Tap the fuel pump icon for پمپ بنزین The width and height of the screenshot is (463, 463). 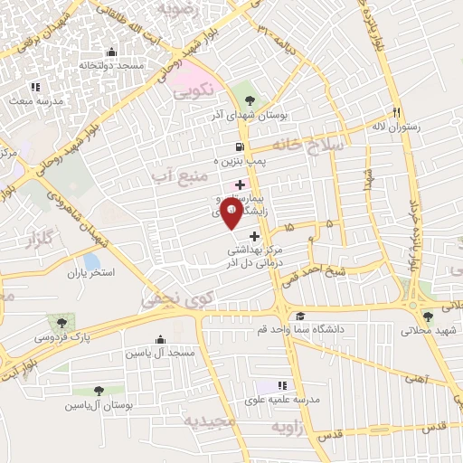click(239, 146)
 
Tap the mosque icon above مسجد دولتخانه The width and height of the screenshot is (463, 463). click(111, 52)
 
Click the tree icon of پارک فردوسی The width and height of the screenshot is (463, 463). click(61, 321)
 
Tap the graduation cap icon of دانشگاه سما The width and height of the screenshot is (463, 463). click(299, 315)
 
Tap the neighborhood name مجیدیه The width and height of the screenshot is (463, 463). click(210, 421)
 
